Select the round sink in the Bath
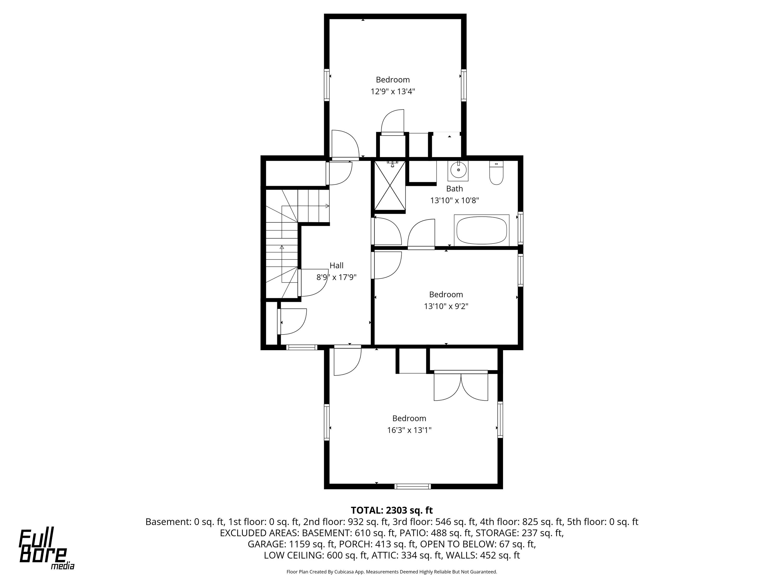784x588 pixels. click(458, 170)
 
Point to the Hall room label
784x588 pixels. click(336, 265)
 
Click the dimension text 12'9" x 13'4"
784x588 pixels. click(393, 91)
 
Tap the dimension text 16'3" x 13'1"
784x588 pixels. click(409, 430)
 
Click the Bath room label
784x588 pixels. click(454, 189)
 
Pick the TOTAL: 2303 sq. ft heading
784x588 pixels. click(392, 510)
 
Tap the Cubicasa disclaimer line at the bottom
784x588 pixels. click(392, 571)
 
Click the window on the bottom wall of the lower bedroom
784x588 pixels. click(413, 486)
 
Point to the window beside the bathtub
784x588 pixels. click(520, 227)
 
